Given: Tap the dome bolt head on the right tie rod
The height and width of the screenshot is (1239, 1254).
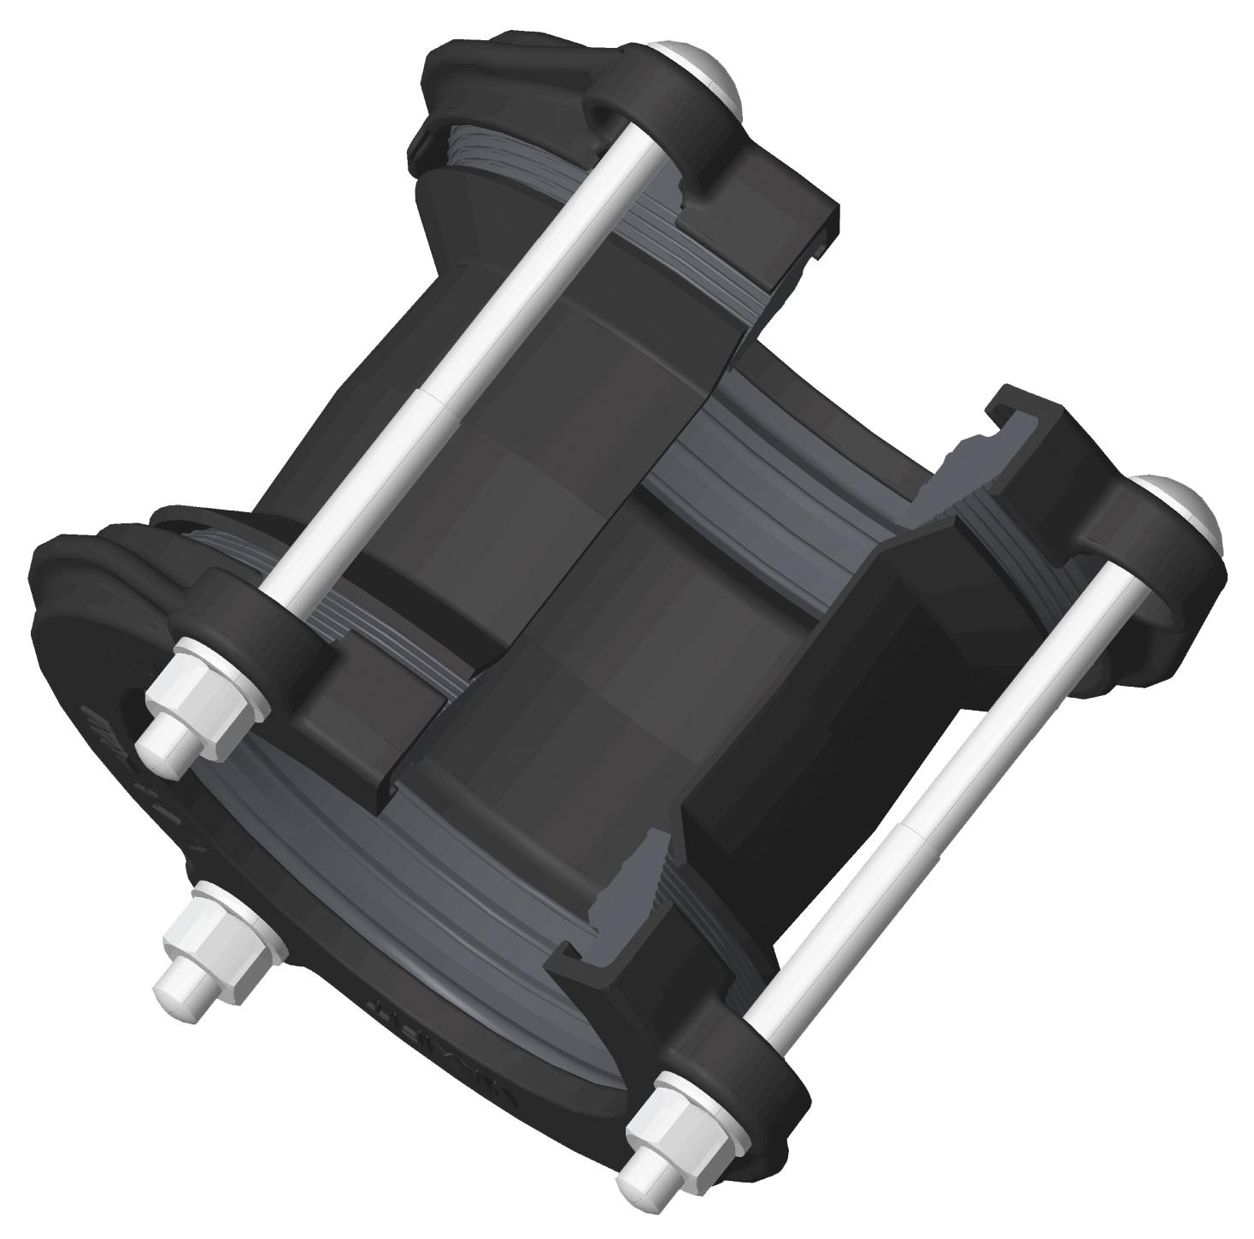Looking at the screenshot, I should point(1189,505).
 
